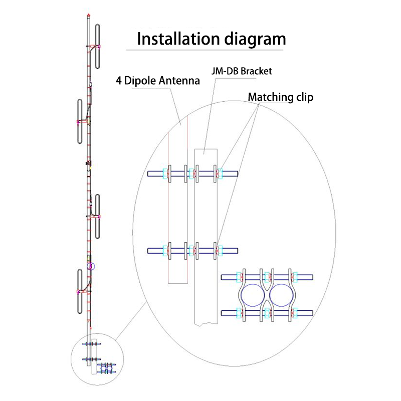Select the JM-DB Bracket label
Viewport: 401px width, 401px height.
(x=242, y=71)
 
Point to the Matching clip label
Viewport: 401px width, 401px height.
(x=281, y=97)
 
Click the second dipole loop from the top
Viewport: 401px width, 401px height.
(x=80, y=121)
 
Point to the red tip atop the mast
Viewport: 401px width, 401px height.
(x=88, y=15)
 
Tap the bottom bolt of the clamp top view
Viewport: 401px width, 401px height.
(x=267, y=314)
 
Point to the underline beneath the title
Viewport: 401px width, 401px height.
(x=206, y=50)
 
